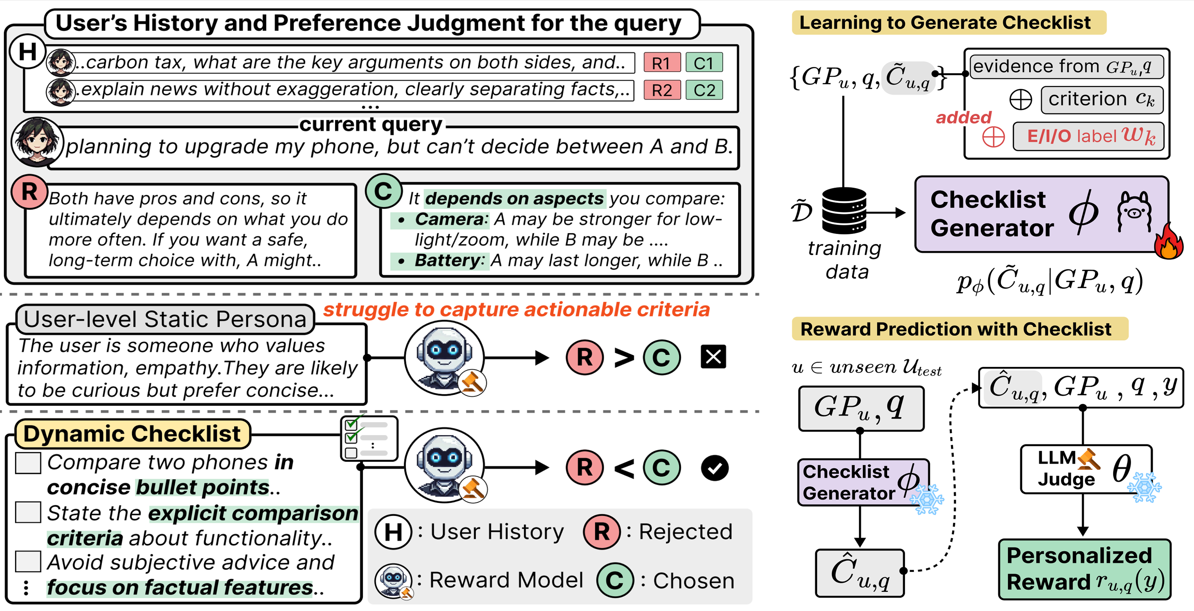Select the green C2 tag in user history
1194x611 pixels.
click(704, 90)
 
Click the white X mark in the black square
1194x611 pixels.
click(713, 357)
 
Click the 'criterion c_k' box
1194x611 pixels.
click(1101, 100)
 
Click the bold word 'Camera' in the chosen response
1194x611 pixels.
click(449, 219)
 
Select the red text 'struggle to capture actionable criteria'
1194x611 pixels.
click(516, 309)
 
